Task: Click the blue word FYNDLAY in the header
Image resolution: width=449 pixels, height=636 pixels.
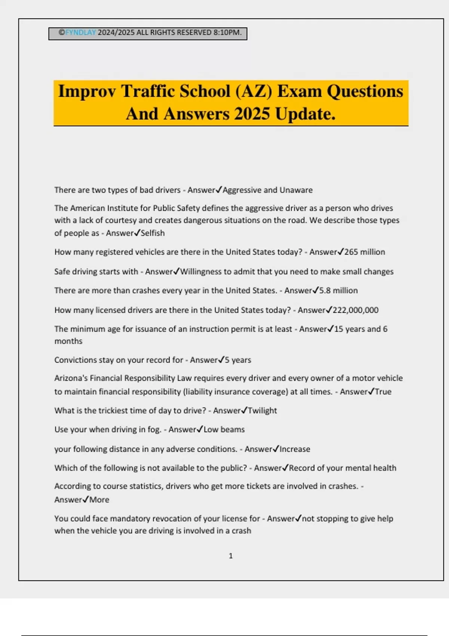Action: point(80,33)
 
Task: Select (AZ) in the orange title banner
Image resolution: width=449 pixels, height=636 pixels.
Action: point(254,92)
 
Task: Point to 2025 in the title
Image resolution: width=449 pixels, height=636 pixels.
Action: point(252,114)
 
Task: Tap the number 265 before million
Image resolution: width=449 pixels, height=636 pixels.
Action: point(351,252)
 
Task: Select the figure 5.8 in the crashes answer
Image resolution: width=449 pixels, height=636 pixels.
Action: point(325,291)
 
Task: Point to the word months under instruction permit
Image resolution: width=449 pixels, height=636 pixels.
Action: point(68,341)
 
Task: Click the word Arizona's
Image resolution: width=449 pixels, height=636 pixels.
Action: point(71,378)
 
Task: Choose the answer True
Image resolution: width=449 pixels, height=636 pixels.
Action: point(383,392)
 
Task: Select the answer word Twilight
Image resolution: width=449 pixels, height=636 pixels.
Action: point(262,411)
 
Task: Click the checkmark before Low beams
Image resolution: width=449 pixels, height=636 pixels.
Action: point(200,429)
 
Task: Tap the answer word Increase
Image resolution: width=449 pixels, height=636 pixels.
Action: point(295,449)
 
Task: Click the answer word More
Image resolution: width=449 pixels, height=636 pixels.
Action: point(99,500)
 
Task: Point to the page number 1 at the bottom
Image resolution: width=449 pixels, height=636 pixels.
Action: point(230,556)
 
